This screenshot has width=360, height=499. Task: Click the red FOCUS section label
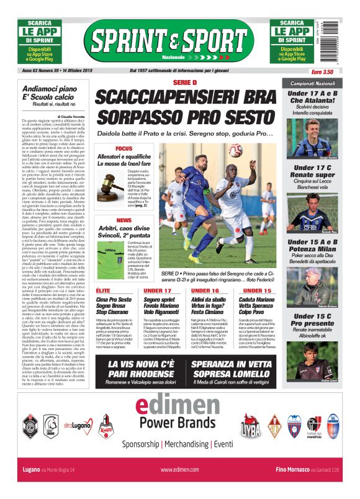[124, 149]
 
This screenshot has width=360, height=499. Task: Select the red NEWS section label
[124, 220]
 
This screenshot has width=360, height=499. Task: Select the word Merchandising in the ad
[187, 444]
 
